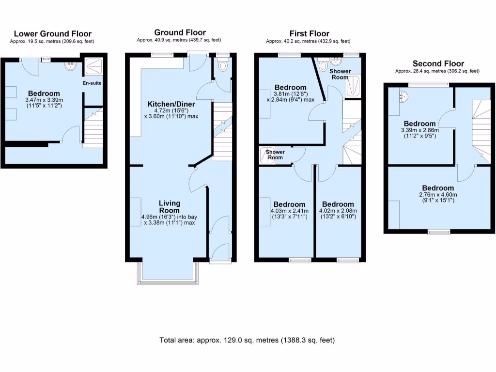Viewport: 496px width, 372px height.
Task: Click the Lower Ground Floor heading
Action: (52, 33)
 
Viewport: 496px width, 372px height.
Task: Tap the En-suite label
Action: (92, 83)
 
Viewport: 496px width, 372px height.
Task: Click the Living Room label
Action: (170, 206)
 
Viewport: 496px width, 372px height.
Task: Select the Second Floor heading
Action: (438, 63)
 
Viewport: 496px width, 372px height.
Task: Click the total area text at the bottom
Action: (247, 340)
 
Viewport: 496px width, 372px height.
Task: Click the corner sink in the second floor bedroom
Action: (403, 97)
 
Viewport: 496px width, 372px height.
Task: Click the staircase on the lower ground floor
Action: (93, 127)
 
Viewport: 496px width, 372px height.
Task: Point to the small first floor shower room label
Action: (275, 155)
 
